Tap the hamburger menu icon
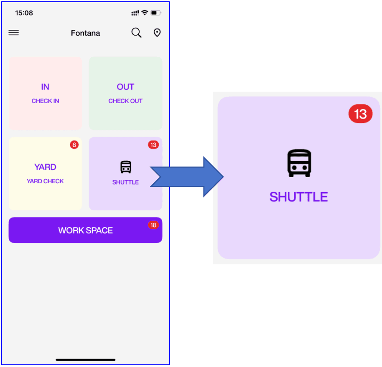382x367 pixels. [x=14, y=33]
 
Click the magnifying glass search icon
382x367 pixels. [x=137, y=33]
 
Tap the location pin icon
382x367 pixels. [x=157, y=33]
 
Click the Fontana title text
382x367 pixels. [x=85, y=33]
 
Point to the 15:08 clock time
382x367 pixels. [x=24, y=13]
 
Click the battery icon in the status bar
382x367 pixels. [x=156, y=13]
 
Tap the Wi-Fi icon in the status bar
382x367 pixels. [x=145, y=13]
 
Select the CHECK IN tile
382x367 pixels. [x=45, y=93]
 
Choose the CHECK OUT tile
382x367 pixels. [x=126, y=93]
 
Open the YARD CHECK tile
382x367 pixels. [x=45, y=174]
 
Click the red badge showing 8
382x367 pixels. [x=74, y=145]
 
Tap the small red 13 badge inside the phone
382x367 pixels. [x=153, y=145]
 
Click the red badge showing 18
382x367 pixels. [x=153, y=225]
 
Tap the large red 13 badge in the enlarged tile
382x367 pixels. [x=360, y=114]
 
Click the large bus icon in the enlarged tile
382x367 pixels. [x=300, y=163]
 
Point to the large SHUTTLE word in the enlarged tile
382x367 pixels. [x=299, y=196]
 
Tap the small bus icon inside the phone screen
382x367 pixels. [x=126, y=167]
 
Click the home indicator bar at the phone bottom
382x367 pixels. [x=85, y=360]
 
